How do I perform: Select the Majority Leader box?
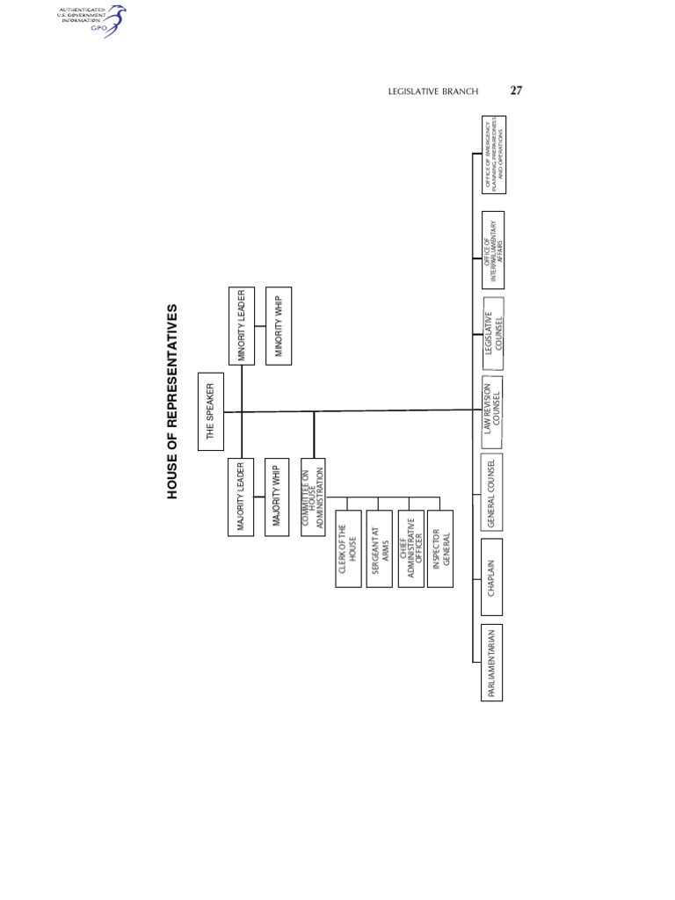tap(241, 496)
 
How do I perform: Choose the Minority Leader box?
tap(241, 325)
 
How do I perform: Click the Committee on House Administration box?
tap(314, 496)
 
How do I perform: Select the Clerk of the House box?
tap(348, 549)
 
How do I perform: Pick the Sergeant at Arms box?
tap(379, 549)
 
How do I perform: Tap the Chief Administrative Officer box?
tap(410, 549)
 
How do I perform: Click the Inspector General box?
tap(440, 549)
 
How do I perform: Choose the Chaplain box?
tap(494, 578)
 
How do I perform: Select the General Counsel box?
tap(494, 493)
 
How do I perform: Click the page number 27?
tap(517, 91)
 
